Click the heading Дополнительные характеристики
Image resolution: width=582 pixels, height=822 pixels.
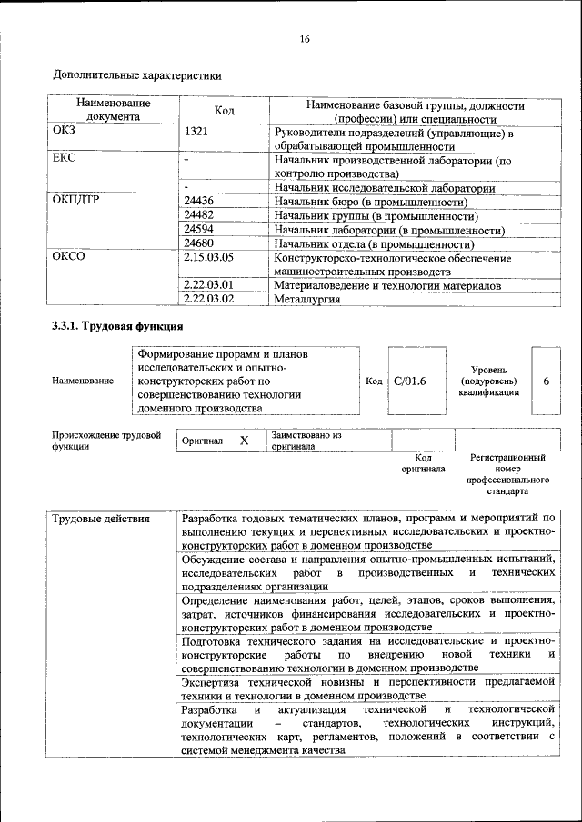(x=137, y=76)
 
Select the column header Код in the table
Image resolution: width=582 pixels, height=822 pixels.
(x=224, y=111)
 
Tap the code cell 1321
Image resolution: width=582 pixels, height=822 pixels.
(x=197, y=132)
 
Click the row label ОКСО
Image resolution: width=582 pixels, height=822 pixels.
(x=68, y=258)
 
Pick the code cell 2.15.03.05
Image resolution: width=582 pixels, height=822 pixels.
(x=208, y=258)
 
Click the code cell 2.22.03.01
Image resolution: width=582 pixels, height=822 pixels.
(x=208, y=285)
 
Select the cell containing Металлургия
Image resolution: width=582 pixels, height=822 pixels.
(x=307, y=299)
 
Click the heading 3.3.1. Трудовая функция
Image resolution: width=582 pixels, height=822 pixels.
(x=118, y=326)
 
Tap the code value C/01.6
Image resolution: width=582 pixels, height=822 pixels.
(x=410, y=381)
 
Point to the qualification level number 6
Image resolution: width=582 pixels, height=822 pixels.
(x=546, y=381)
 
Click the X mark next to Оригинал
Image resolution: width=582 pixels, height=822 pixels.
(x=244, y=441)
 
